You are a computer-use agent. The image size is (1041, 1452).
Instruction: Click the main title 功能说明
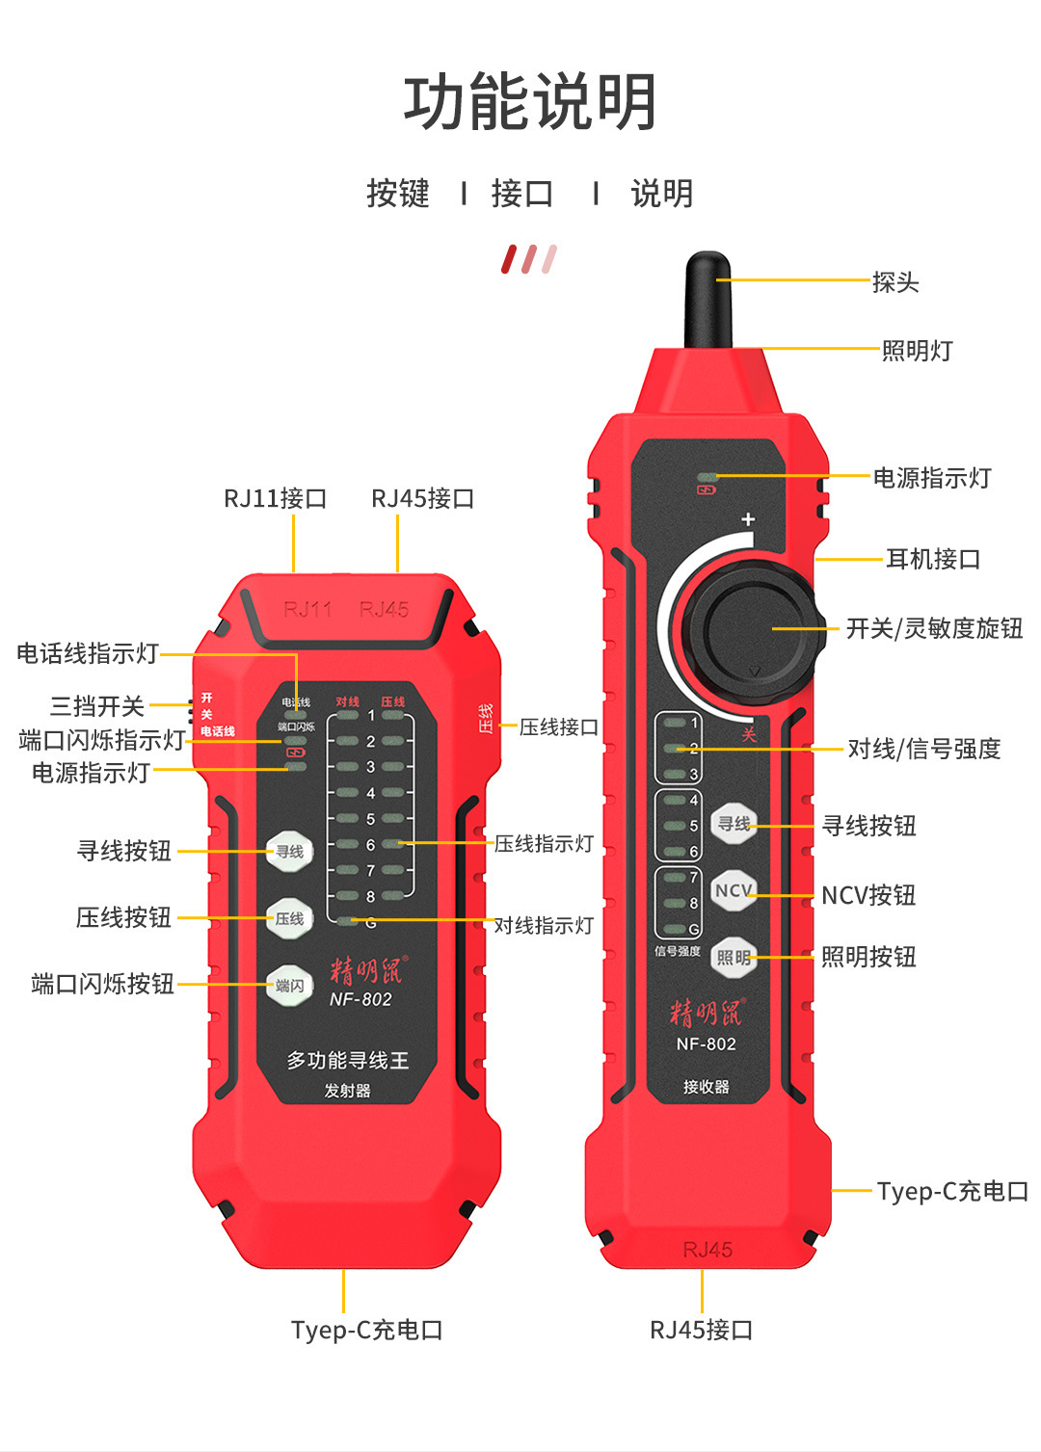pyautogui.click(x=529, y=102)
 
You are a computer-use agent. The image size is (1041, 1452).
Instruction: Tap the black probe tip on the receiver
pyautogui.click(x=707, y=299)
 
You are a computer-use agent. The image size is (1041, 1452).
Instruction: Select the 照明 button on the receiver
pyautogui.click(x=734, y=957)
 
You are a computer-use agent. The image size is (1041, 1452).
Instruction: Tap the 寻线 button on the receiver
pyautogui.click(x=734, y=824)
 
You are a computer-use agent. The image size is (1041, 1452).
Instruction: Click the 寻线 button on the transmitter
pyautogui.click(x=289, y=852)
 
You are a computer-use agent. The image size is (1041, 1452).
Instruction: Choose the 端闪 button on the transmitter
pyautogui.click(x=289, y=985)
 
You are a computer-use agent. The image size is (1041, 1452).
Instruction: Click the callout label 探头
pyautogui.click(x=895, y=282)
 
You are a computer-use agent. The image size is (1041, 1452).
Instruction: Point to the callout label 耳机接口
pyautogui.click(x=932, y=559)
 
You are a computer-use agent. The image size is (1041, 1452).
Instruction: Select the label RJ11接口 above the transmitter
pyautogui.click(x=276, y=498)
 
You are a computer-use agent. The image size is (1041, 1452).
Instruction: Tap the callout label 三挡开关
pyautogui.click(x=96, y=706)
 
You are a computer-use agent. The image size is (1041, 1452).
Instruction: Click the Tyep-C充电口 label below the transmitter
pyautogui.click(x=366, y=1330)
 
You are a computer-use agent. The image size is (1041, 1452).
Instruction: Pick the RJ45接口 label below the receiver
pyautogui.click(x=701, y=1330)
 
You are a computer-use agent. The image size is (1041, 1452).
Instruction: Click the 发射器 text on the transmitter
pyautogui.click(x=347, y=1091)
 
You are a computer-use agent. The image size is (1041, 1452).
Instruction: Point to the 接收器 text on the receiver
pyautogui.click(x=706, y=1087)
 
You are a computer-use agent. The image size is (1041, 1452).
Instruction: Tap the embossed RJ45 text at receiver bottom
pyautogui.click(x=707, y=1250)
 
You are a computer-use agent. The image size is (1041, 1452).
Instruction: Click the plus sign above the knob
pyautogui.click(x=748, y=519)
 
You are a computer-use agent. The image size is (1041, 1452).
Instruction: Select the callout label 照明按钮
pyautogui.click(x=867, y=957)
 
